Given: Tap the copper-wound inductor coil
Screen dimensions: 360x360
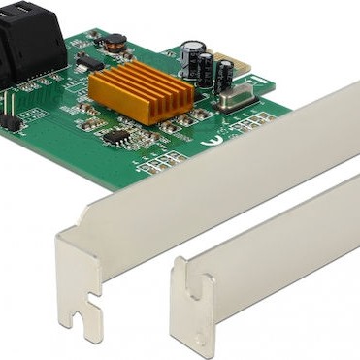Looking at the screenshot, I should [x=115, y=42].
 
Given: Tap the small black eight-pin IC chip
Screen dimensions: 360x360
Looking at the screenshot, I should [x=116, y=137].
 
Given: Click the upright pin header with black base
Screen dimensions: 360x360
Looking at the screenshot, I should [x=11, y=121].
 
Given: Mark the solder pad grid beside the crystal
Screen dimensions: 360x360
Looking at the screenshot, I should [x=250, y=121].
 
